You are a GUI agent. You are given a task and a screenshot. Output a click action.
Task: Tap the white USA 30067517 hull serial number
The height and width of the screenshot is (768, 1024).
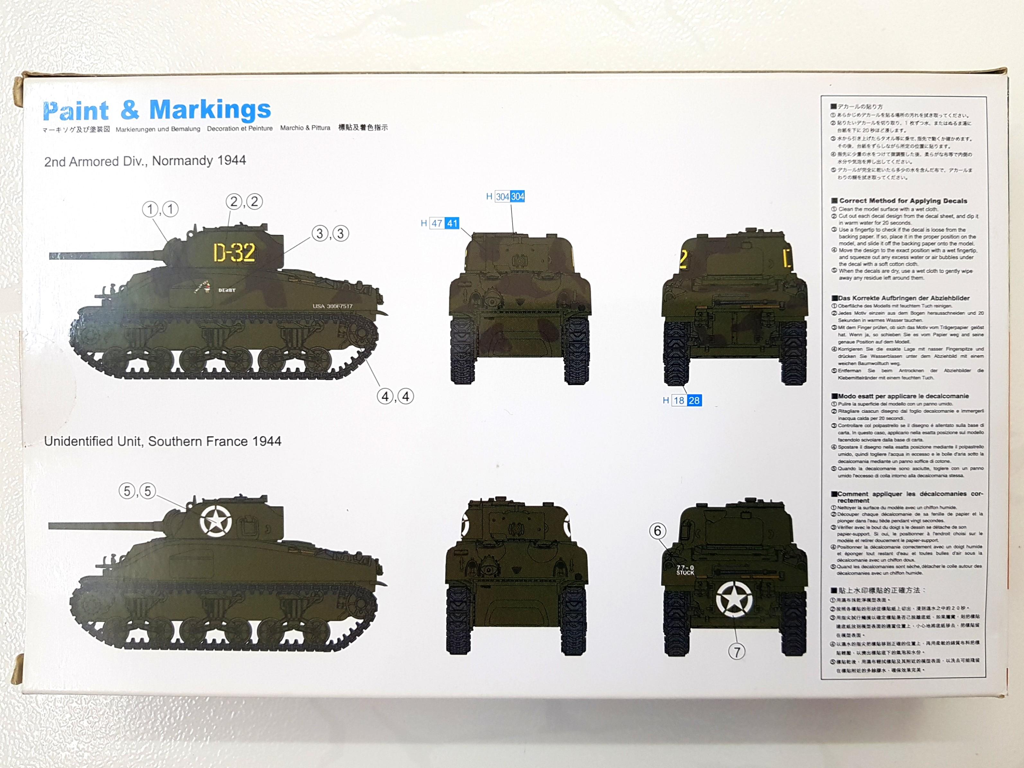point(332,306)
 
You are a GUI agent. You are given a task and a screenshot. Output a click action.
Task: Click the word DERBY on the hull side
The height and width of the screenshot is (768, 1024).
point(227,290)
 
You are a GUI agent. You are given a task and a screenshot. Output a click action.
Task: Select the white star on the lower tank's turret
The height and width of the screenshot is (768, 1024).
point(216,521)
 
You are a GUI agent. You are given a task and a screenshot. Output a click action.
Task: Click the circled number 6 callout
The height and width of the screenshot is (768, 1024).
point(657,531)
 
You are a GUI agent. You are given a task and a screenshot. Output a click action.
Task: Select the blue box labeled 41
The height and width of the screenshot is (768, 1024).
point(452,223)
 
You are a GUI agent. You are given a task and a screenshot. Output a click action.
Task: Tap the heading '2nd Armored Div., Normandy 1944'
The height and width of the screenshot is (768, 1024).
point(145,161)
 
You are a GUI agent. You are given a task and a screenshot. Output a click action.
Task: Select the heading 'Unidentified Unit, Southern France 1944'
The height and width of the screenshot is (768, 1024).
point(163,441)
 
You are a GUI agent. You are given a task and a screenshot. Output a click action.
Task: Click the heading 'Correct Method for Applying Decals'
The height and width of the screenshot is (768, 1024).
point(903,201)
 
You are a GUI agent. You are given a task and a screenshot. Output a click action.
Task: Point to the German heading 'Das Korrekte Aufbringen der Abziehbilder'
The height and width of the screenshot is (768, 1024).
point(900,298)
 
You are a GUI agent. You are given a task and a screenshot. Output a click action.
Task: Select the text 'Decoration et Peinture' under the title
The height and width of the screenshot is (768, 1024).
point(240,128)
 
